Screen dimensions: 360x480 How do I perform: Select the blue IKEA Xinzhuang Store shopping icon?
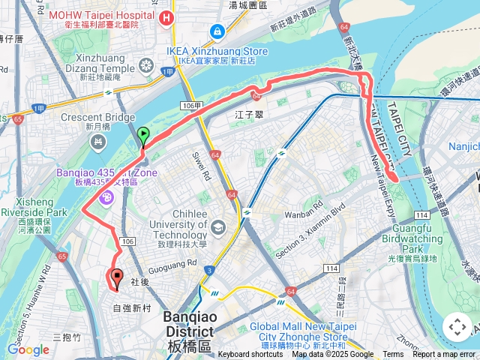(217, 32)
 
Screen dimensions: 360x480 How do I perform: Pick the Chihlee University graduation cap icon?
(217, 227)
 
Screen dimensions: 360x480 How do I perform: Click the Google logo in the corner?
(28, 349)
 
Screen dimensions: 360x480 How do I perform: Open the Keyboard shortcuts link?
(250, 355)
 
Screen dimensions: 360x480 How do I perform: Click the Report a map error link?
(444, 355)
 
